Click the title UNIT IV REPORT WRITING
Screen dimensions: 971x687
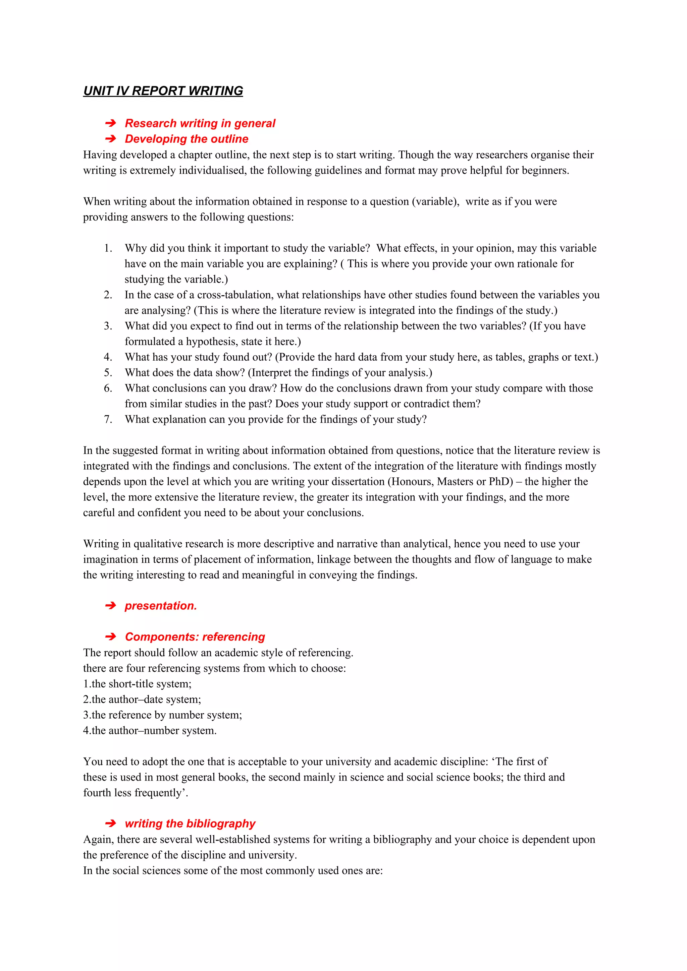163,91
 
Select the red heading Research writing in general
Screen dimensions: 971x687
200,123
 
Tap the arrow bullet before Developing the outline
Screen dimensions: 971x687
110,139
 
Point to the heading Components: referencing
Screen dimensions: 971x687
195,636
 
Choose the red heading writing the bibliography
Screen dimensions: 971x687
190,824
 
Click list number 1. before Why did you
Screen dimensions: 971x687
108,248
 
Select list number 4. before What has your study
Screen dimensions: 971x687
108,357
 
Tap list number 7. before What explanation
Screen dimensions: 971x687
108,419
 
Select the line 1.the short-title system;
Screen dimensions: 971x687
137,684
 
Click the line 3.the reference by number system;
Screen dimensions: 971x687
163,715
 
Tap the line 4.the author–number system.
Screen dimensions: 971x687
150,730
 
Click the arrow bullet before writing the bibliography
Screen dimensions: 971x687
110,824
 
